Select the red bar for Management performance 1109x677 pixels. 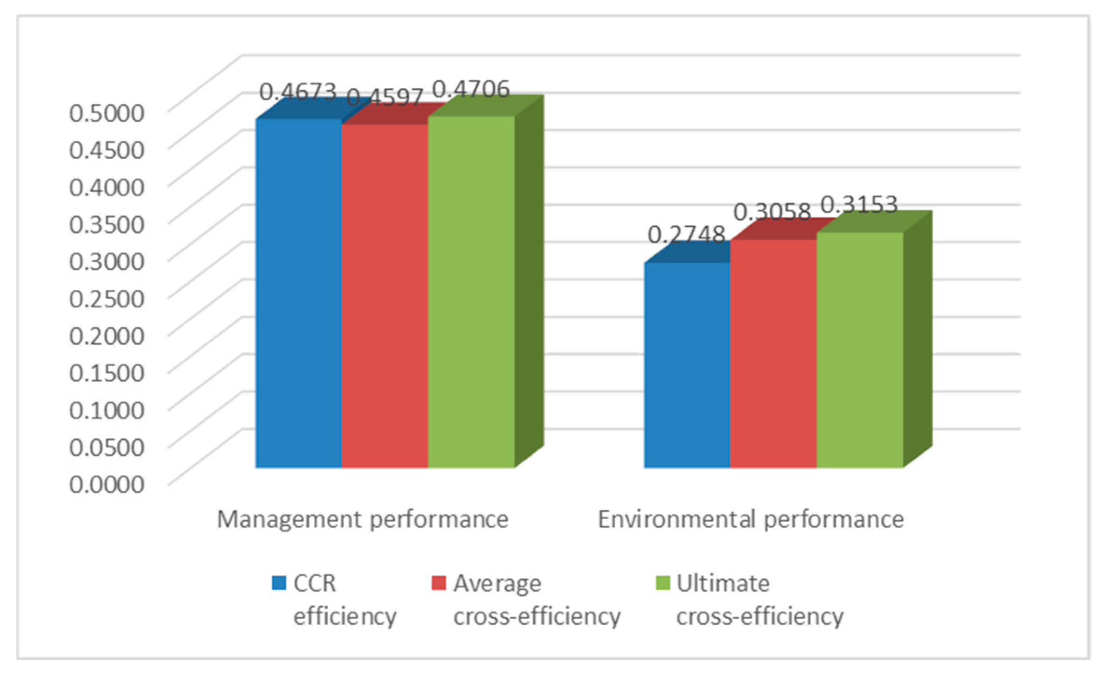385,296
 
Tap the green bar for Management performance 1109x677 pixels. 471,292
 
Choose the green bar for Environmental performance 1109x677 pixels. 860,350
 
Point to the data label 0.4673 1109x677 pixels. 297,92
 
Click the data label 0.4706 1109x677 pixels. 471,89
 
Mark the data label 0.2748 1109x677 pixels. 686,234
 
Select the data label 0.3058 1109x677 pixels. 772,212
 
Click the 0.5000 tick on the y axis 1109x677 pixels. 107,113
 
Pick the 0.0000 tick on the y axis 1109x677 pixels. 107,484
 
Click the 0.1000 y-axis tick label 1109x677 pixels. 107,410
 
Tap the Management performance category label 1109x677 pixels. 362,519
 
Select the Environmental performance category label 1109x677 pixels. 751,519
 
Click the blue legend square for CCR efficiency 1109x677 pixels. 279,583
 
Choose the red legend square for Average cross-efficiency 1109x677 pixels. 439,583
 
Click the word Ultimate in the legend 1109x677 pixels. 723,583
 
